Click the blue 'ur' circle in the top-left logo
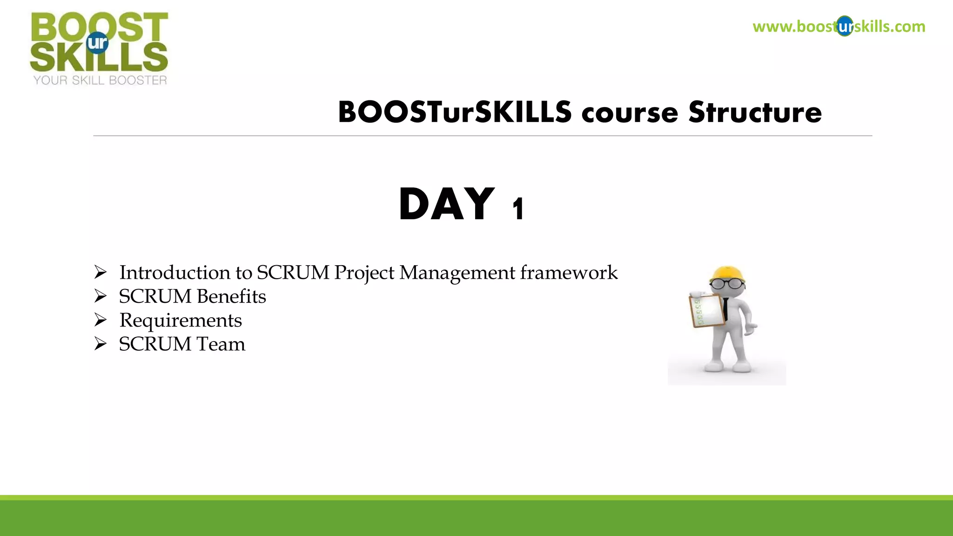click(x=97, y=43)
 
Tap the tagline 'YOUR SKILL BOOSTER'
click(x=100, y=80)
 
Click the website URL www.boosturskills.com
click(x=839, y=27)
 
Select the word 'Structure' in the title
click(x=755, y=113)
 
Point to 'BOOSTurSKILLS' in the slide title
click(x=455, y=113)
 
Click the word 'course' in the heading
click(x=630, y=114)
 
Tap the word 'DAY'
click(x=446, y=205)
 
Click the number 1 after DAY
click(x=518, y=209)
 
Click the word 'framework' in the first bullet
click(x=569, y=273)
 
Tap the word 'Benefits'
click(x=231, y=296)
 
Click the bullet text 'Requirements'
click(x=181, y=321)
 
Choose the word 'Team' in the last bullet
click(x=221, y=344)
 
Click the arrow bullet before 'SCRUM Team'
click(x=101, y=344)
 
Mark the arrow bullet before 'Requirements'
click(x=101, y=320)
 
